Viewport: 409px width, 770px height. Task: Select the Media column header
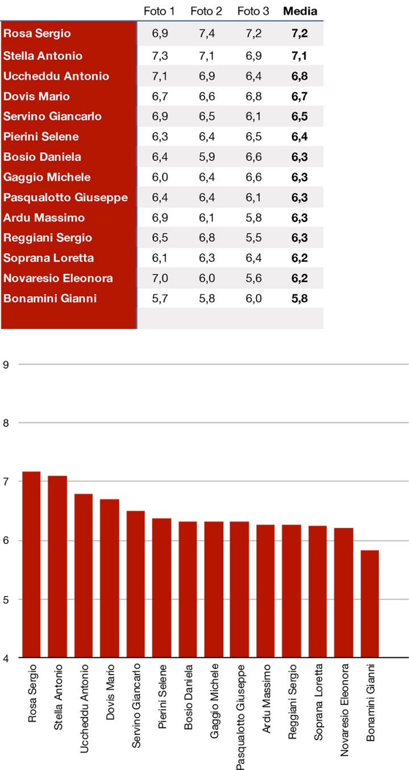click(x=300, y=11)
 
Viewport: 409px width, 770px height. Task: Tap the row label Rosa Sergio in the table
click(x=37, y=34)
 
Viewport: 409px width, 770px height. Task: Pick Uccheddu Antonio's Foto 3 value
click(x=253, y=76)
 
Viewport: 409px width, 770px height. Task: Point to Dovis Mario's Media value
click(x=299, y=97)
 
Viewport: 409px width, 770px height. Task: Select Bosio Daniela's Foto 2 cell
click(x=206, y=157)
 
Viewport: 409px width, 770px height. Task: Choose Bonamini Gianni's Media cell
click(x=299, y=298)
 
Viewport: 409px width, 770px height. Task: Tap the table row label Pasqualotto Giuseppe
click(x=66, y=198)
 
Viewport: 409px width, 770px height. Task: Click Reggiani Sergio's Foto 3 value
click(x=253, y=238)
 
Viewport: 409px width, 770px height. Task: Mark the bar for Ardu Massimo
click(x=265, y=591)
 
